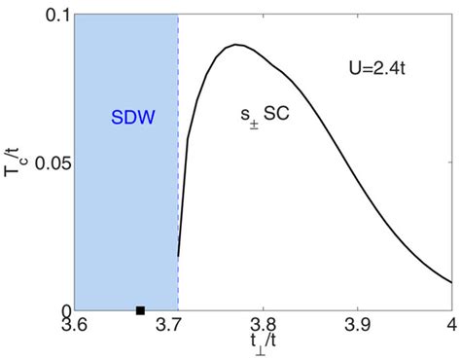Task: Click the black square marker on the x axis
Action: click(140, 310)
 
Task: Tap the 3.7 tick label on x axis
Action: click(178, 326)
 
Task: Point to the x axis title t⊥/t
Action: click(264, 346)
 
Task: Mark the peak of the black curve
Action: click(236, 45)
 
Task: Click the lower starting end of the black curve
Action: click(179, 256)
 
